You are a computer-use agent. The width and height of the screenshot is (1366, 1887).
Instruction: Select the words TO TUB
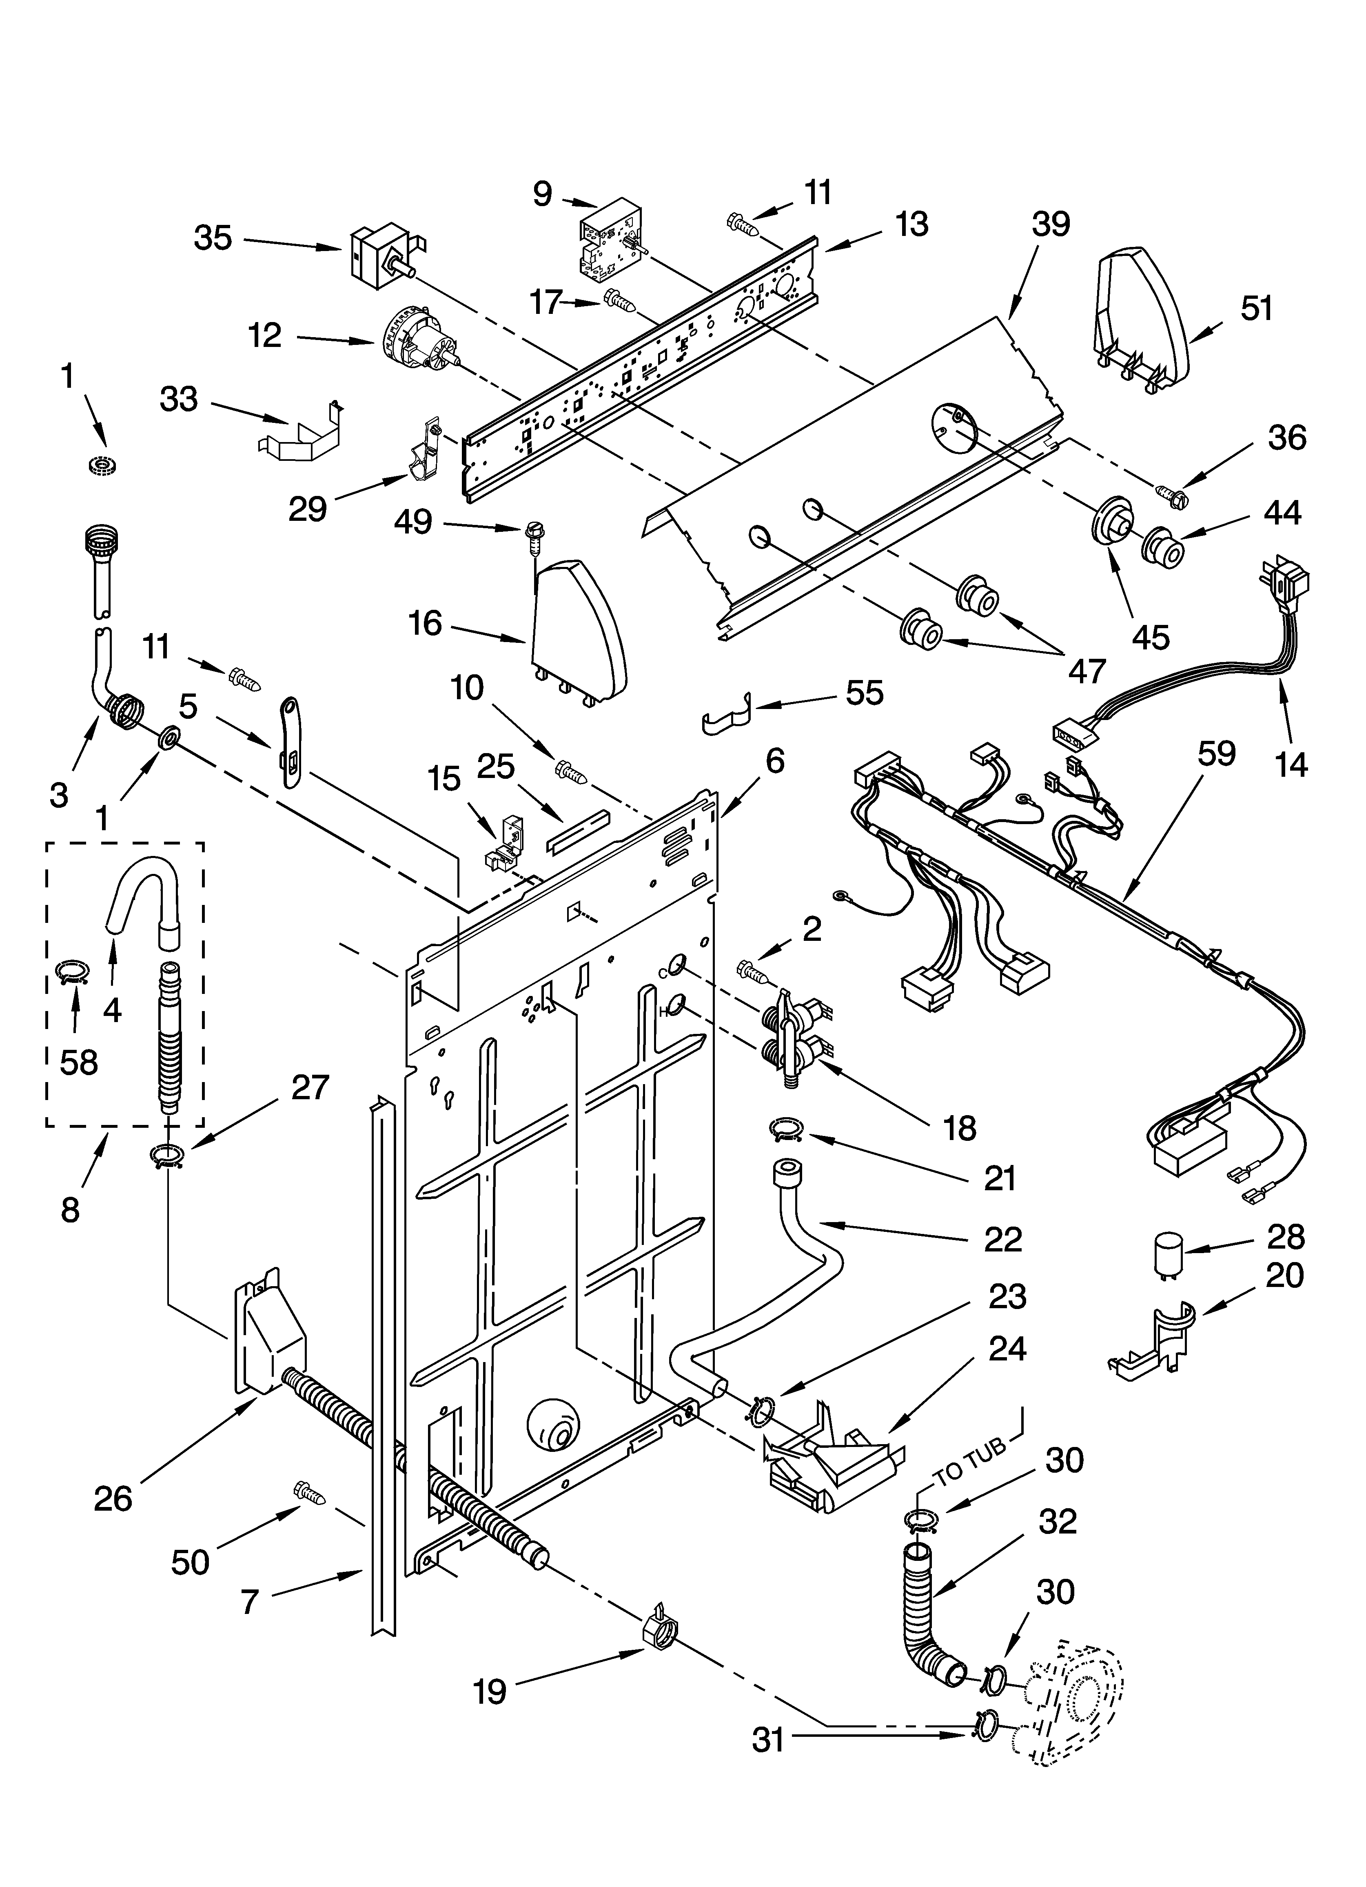click(970, 1465)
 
